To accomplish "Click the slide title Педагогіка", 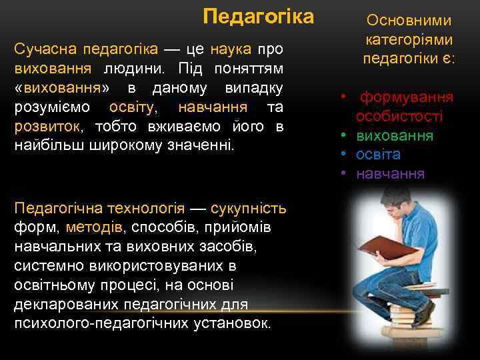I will click(x=258, y=16).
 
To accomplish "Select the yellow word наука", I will click(x=231, y=49).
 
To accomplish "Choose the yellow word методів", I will click(x=94, y=227).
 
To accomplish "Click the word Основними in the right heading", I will click(x=409, y=21).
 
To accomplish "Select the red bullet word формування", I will click(x=407, y=97).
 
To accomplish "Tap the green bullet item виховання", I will click(x=395, y=136).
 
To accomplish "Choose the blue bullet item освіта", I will click(x=378, y=155).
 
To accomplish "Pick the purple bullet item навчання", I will click(x=390, y=175).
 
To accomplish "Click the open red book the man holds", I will click(x=387, y=249).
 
